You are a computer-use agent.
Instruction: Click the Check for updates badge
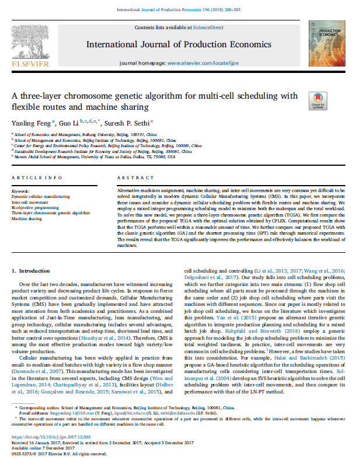click(x=319, y=101)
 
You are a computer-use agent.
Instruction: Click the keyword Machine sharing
click(x=27, y=218)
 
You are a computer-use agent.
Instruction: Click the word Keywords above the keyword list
click(x=20, y=191)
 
